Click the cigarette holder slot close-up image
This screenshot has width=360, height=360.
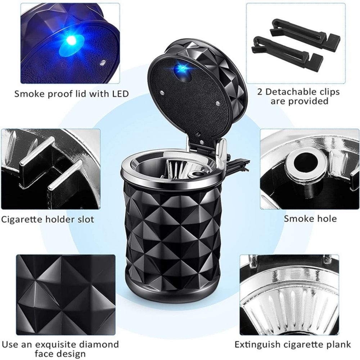(50, 169)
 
